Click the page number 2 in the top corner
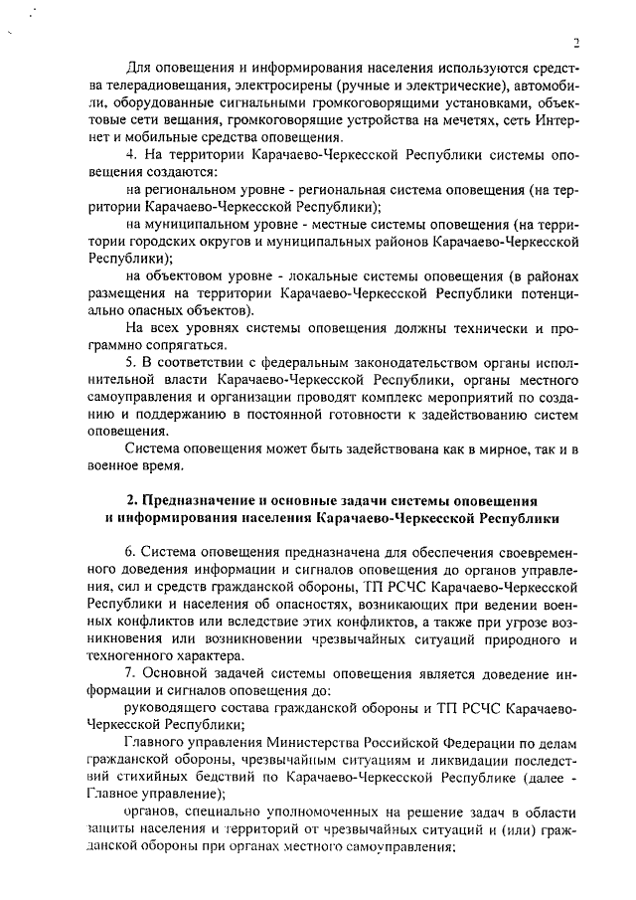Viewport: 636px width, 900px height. click(x=575, y=42)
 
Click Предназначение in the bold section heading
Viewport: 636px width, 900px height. click(x=206, y=499)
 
